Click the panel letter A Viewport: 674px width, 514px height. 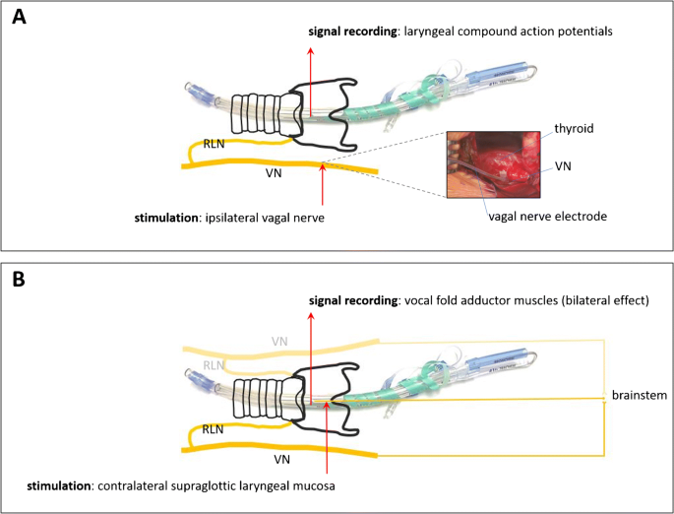point(19,17)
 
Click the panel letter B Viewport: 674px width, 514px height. point(19,279)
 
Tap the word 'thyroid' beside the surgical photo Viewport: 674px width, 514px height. point(574,129)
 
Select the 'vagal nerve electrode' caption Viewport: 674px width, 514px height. point(548,216)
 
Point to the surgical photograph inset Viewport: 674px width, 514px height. point(494,164)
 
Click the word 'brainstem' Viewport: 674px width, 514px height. point(640,395)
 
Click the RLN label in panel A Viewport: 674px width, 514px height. point(214,144)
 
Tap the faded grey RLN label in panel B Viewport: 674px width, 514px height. point(214,365)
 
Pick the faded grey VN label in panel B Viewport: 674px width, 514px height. point(279,342)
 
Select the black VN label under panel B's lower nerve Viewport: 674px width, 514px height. point(282,460)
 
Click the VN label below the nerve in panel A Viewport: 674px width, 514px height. point(274,173)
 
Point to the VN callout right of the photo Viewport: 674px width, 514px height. point(563,166)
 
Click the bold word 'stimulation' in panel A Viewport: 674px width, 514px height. point(166,218)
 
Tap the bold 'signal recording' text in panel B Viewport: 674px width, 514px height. point(353,300)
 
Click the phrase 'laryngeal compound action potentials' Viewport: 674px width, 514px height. point(508,32)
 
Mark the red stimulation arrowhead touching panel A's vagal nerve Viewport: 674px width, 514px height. point(323,167)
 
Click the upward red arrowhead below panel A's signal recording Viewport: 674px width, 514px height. point(311,51)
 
